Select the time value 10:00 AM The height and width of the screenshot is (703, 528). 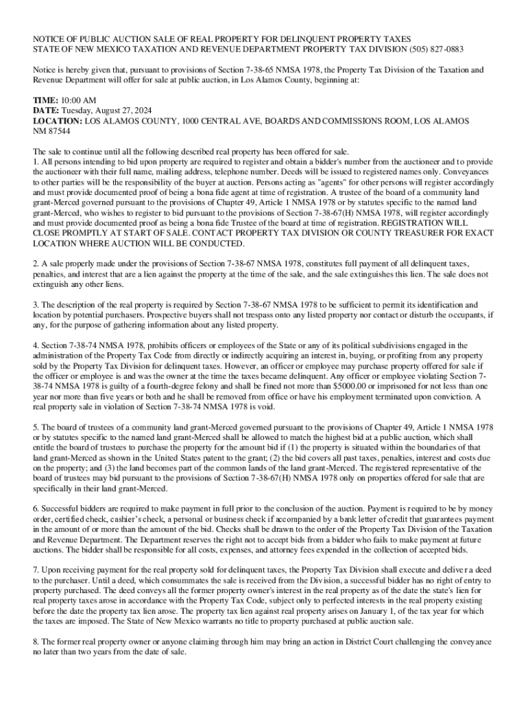pyautogui.click(x=81, y=100)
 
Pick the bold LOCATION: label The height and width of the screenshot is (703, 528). pyautogui.click(x=58, y=120)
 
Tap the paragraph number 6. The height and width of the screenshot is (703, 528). pyautogui.click(x=36, y=509)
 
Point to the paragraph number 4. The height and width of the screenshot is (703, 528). pyautogui.click(x=36, y=345)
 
